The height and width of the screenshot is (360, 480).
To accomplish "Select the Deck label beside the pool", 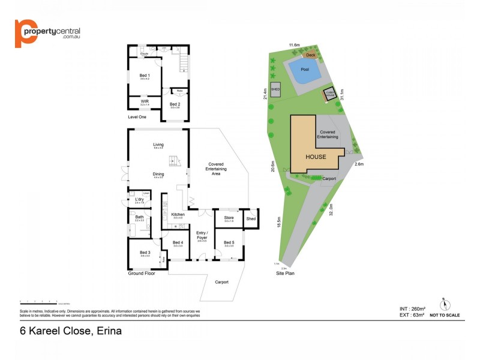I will click(x=310, y=55).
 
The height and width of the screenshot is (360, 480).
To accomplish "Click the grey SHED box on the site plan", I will click(x=276, y=90).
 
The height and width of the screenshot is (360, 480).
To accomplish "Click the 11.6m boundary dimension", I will click(x=294, y=45).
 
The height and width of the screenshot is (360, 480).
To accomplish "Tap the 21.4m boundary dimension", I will click(x=265, y=95).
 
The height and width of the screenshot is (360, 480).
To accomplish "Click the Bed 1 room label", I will click(x=144, y=75).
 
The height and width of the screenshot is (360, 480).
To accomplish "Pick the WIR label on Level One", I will click(x=145, y=101).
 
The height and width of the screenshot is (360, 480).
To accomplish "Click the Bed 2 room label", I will click(x=175, y=104).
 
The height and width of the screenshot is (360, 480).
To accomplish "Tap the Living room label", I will click(x=158, y=145).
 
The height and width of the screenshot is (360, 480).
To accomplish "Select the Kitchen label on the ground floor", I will click(x=178, y=214).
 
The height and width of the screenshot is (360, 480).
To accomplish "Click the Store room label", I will click(x=229, y=217).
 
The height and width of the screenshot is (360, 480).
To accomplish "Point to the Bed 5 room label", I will click(x=229, y=242).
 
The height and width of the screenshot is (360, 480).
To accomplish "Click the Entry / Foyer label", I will click(x=202, y=235).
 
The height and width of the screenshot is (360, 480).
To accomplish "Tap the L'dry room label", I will click(x=139, y=199).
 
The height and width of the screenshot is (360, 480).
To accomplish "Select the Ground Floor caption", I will click(x=142, y=274).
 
